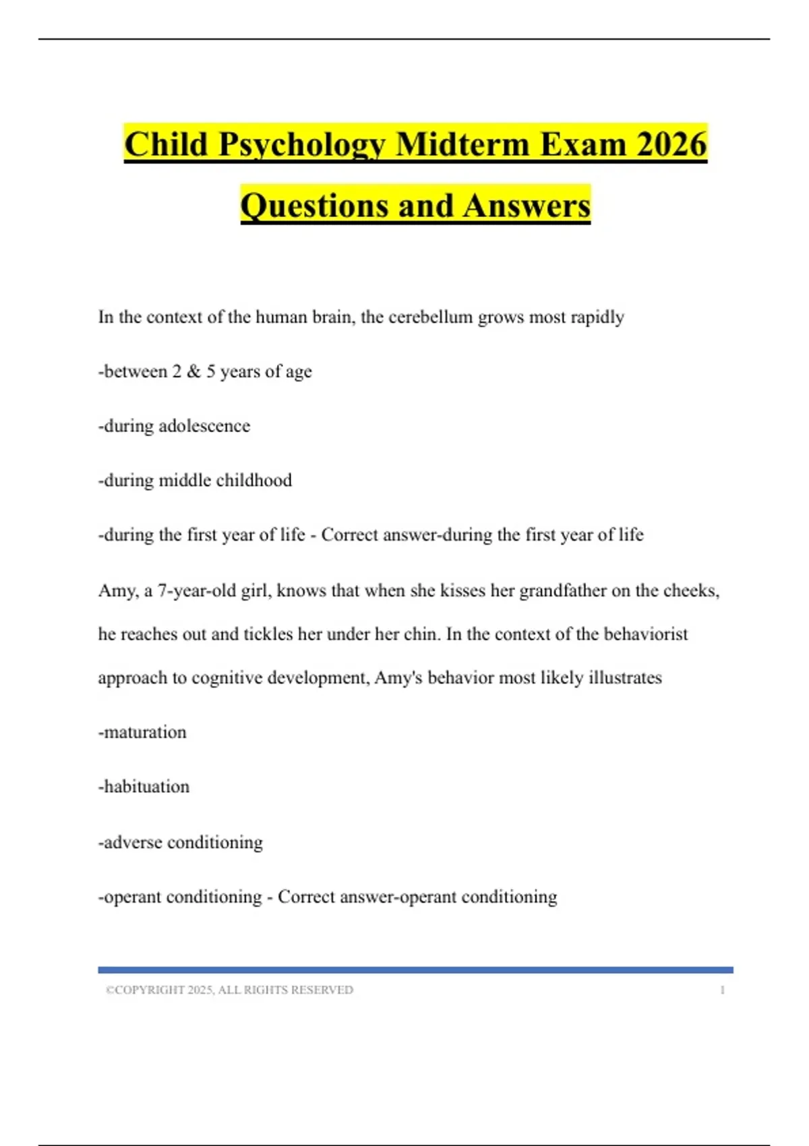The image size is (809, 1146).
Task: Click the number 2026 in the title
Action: tap(671, 144)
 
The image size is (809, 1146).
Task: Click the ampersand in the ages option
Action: tap(194, 371)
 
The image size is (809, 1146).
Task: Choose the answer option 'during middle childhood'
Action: tap(196, 481)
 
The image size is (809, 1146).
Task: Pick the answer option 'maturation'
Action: tap(143, 732)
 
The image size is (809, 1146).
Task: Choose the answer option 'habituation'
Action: tap(144, 787)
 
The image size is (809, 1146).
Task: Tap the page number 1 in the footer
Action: tap(722, 990)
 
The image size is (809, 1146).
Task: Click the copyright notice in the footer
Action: tap(229, 990)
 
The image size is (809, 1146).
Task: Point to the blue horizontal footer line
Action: tap(415, 969)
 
